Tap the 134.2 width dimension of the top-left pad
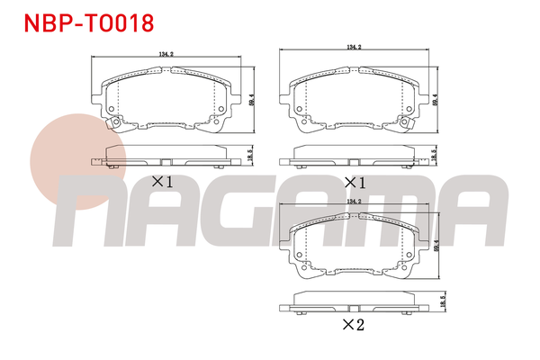point(166,54)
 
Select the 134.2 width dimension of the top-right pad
point(355,47)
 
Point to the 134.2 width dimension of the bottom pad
point(355,202)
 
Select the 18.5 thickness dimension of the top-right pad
point(435,155)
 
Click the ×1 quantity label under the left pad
point(161,181)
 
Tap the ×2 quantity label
point(355,325)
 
